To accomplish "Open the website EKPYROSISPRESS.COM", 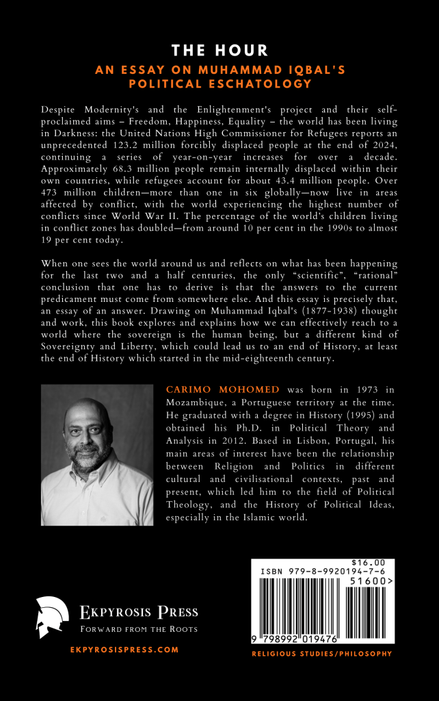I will (124, 650).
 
